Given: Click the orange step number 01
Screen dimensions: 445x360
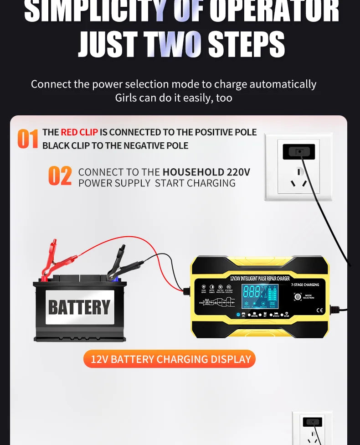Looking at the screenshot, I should (27, 139).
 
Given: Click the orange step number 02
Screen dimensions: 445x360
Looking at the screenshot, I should (60, 176).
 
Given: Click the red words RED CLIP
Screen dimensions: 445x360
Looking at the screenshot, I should (79, 132).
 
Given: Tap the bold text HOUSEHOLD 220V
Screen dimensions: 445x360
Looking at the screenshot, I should (206, 172).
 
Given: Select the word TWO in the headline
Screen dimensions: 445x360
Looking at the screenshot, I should (173, 44).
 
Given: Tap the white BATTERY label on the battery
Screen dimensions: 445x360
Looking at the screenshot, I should (79, 307).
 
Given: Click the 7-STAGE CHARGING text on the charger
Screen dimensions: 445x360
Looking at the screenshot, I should (305, 285).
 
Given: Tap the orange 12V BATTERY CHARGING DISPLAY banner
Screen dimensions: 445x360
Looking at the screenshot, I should (170, 359).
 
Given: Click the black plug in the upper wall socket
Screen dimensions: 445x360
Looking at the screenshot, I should (298, 151).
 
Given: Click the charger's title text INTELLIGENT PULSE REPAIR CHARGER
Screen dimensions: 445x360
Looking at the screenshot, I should (260, 278).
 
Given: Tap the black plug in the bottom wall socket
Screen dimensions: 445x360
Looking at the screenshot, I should (312, 422).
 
